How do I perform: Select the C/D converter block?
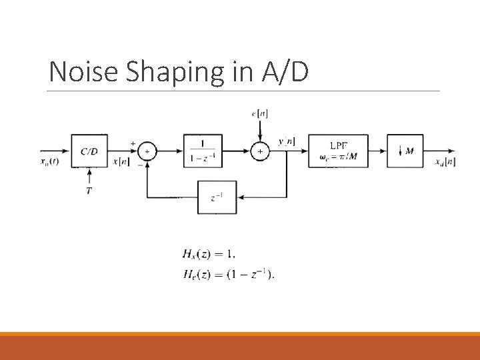click(x=89, y=151)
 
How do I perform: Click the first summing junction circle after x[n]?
click(x=147, y=152)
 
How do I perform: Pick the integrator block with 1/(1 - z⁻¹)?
click(x=203, y=151)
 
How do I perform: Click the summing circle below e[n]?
click(x=260, y=152)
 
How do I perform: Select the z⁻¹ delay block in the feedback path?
click(x=217, y=197)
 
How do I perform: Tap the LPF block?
click(x=338, y=151)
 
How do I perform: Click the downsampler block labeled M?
click(x=405, y=151)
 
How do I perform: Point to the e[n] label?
click(x=260, y=114)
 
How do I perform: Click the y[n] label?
click(x=287, y=141)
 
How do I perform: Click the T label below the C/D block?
click(x=89, y=191)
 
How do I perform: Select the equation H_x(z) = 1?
click(x=209, y=254)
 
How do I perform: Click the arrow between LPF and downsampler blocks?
click(x=377, y=151)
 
